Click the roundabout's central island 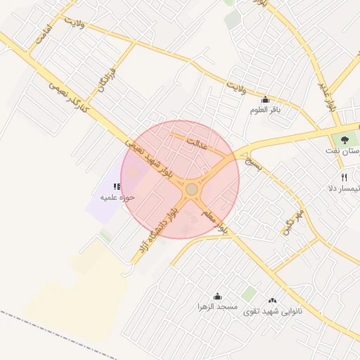tap(191, 189)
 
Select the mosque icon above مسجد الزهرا tap(217, 296)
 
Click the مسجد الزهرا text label tap(217, 308)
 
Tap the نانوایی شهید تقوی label tap(273, 310)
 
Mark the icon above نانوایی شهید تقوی tap(273, 300)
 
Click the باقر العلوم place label tap(264, 110)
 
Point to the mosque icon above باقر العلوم tap(264, 99)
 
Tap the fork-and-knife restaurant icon tap(344, 177)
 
